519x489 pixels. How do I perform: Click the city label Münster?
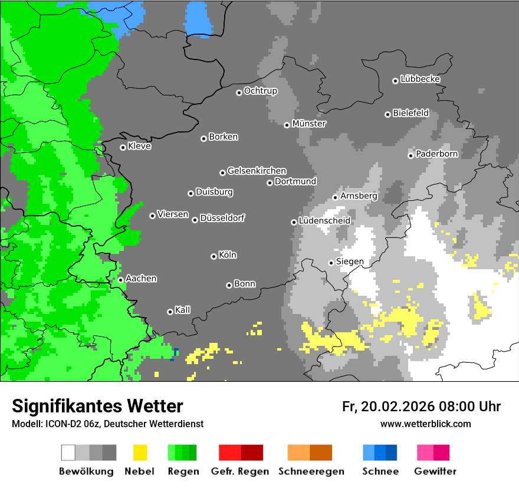309,124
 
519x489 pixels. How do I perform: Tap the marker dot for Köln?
213,256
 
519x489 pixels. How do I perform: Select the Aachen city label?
141,279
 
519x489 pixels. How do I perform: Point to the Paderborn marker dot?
410,156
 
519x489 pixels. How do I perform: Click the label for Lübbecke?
420,79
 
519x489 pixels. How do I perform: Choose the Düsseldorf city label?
222,218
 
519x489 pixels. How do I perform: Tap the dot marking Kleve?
123,147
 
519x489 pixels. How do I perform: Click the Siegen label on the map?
350,262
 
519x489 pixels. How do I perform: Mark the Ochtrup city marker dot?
239,92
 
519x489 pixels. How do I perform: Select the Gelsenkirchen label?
257,171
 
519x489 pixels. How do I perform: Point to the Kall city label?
183,310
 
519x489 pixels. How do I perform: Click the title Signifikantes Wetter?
97,406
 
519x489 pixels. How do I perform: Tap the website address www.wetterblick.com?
426,424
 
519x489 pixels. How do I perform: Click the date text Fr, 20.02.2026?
388,407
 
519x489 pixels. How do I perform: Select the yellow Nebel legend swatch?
140,452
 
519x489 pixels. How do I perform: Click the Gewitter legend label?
435,471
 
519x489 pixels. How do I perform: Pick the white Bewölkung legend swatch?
68,452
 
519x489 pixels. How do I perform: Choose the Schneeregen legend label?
310,471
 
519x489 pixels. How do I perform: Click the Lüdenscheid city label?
324,221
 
